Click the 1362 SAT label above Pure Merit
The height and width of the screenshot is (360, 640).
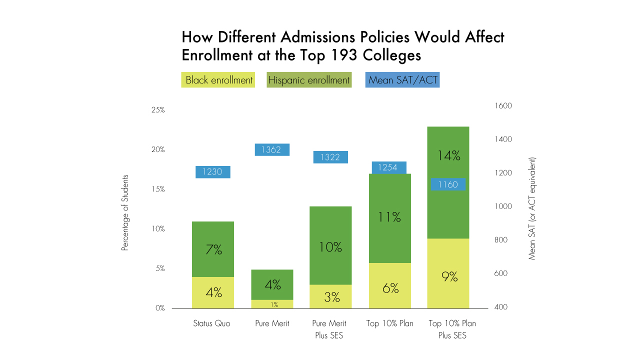(272, 149)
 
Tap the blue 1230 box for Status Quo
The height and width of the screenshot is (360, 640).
(213, 172)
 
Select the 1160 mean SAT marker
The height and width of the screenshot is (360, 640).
(448, 184)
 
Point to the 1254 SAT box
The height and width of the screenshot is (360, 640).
(389, 167)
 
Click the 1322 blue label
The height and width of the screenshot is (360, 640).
(330, 157)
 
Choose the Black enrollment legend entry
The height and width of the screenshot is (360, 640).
(218, 80)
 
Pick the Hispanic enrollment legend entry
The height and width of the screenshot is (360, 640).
(309, 80)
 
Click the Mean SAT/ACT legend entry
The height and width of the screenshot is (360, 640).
(402, 80)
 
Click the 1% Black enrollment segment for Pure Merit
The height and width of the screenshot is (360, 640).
(272, 304)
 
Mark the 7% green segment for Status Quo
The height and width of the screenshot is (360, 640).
(213, 249)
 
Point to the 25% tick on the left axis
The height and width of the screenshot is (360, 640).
(158, 110)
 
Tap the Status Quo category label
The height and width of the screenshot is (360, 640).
(212, 323)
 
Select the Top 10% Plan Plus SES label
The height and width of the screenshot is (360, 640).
(452, 329)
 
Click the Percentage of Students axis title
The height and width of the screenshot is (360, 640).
(125, 212)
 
